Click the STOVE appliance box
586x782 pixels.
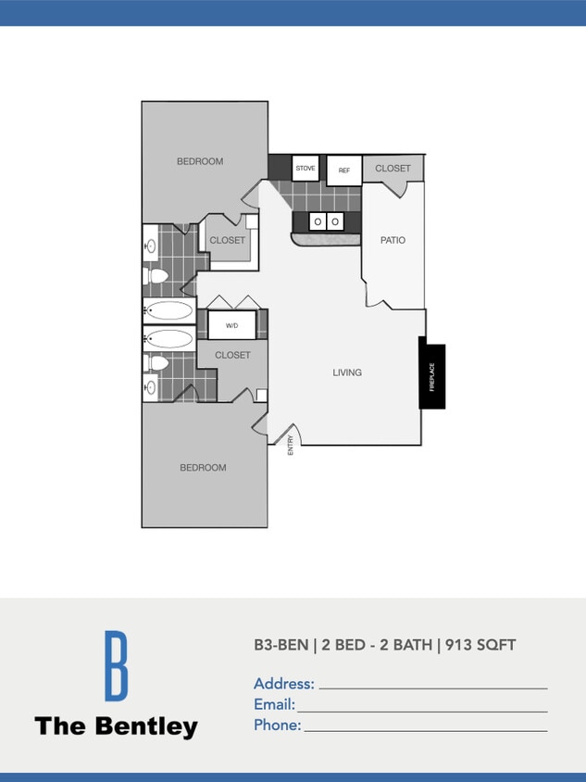click(305, 169)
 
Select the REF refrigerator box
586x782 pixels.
click(343, 170)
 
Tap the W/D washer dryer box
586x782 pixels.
click(231, 325)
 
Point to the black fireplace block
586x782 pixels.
click(431, 375)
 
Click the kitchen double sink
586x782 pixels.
click(326, 222)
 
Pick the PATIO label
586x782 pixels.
click(393, 240)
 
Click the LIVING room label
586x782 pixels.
click(347, 372)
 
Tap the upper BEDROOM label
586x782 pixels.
click(200, 161)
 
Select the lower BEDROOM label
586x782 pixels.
click(203, 468)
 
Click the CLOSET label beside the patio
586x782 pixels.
click(393, 169)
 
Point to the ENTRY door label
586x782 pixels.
click(291, 445)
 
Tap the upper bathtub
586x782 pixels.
click(169, 310)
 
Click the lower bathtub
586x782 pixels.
click(169, 338)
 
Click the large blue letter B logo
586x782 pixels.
click(116, 665)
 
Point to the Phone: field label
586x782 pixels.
click(278, 725)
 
